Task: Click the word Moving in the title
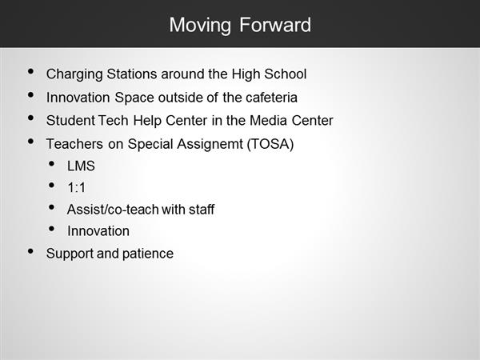coord(200,26)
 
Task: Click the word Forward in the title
coord(275,25)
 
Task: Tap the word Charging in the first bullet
coord(74,75)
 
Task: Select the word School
coord(286,74)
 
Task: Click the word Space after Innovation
coord(134,98)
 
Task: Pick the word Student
coord(70,120)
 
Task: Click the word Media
coord(268,120)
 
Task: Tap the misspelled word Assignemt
coord(210,145)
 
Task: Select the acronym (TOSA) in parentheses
coord(270,144)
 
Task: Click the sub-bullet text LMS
coord(81,166)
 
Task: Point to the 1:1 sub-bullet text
coord(77,188)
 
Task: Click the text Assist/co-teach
coord(113,210)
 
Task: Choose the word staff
coord(202,210)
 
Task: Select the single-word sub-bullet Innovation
coord(98,231)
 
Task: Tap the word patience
coord(148,254)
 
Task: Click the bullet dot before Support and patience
coord(30,251)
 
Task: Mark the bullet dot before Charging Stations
coord(30,72)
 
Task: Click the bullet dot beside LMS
coord(51,164)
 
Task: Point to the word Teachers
coord(74,144)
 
